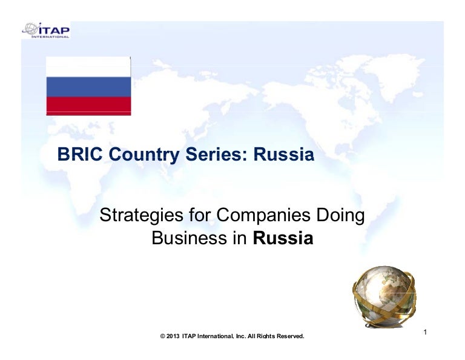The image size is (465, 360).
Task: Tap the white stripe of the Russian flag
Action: (88, 67)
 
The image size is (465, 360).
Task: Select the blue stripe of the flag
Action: (88, 87)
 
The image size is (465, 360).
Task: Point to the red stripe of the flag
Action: (88, 105)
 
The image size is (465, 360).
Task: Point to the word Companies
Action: (266, 215)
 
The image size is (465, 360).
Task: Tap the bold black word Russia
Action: (283, 238)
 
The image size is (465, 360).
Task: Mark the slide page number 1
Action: (426, 332)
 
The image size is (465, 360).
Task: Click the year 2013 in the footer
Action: (173, 336)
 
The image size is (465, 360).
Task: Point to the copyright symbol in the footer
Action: (162, 336)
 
